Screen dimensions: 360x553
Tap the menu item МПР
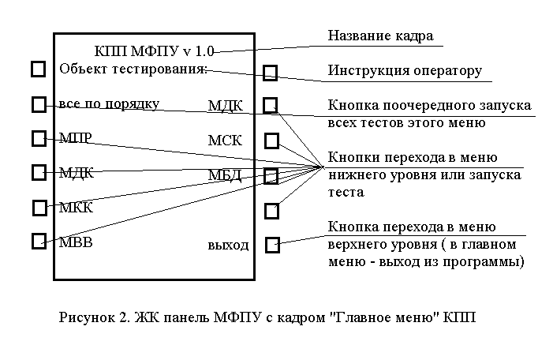click(x=75, y=139)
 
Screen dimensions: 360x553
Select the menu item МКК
click(x=76, y=208)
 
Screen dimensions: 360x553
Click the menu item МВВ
click(x=76, y=242)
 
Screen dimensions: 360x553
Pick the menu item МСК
click(x=225, y=141)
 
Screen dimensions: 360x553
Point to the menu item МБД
click(x=225, y=174)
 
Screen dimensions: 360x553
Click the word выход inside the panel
click(x=228, y=244)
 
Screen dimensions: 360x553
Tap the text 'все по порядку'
click(x=109, y=104)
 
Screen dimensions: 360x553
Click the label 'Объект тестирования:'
click(x=133, y=69)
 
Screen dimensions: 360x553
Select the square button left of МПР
click(x=39, y=139)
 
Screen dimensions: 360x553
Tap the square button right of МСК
click(x=271, y=141)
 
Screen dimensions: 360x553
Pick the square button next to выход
click(x=272, y=244)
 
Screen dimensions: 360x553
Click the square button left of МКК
click(x=39, y=207)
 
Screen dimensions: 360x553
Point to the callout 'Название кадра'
click(x=380, y=36)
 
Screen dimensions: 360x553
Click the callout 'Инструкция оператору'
click(x=404, y=70)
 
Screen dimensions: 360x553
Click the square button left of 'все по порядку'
click(x=39, y=104)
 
